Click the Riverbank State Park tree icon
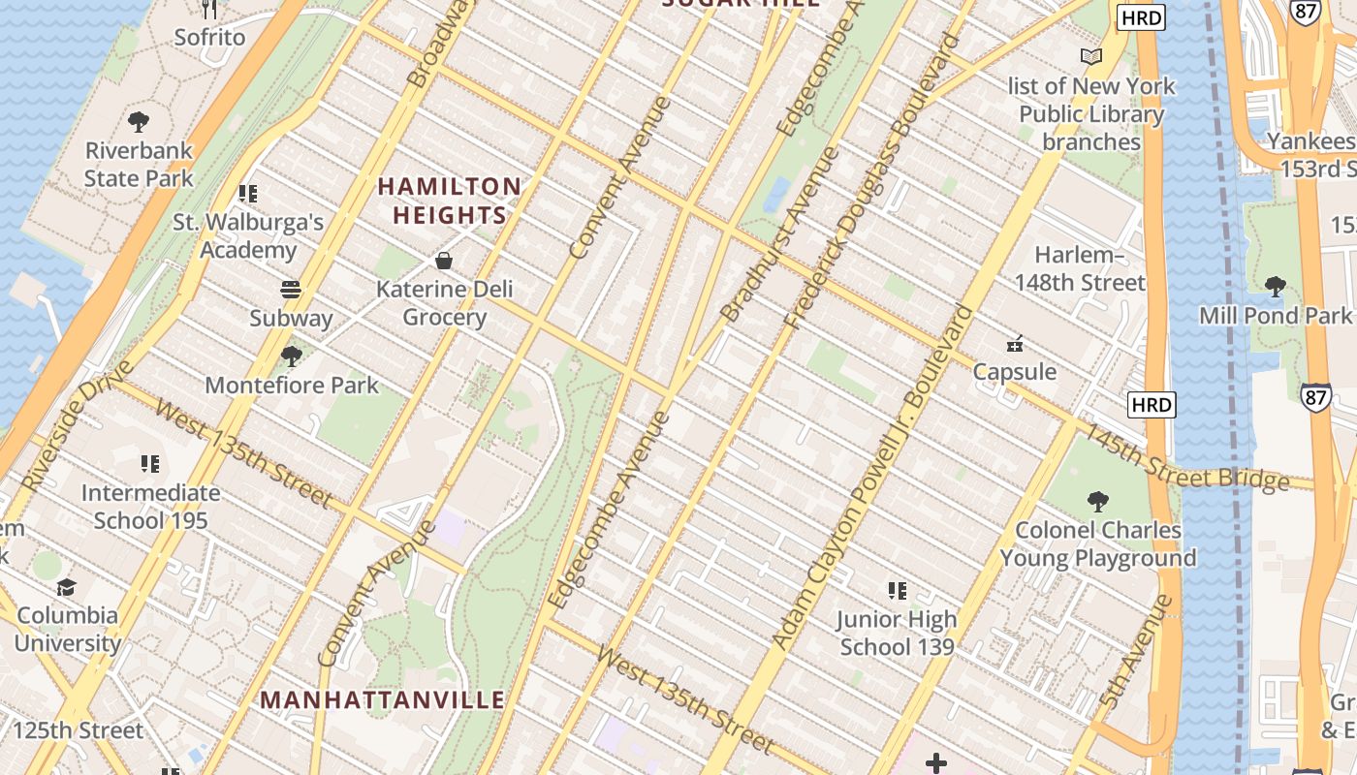pos(139,122)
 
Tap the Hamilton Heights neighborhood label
pos(450,201)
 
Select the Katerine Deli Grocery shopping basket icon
pos(444,261)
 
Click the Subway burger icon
pos(291,290)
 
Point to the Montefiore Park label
pos(291,385)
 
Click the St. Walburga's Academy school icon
pos(248,194)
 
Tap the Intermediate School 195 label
pos(150,507)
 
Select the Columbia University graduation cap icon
pos(66,587)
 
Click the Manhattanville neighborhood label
pos(382,699)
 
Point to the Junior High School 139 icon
pos(898,590)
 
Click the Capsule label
pos(1015,372)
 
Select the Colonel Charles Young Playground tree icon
pos(1098,501)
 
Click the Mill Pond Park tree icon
pos(1276,286)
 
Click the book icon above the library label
pos(1091,56)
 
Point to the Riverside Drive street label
pos(78,426)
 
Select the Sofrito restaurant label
pos(209,37)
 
